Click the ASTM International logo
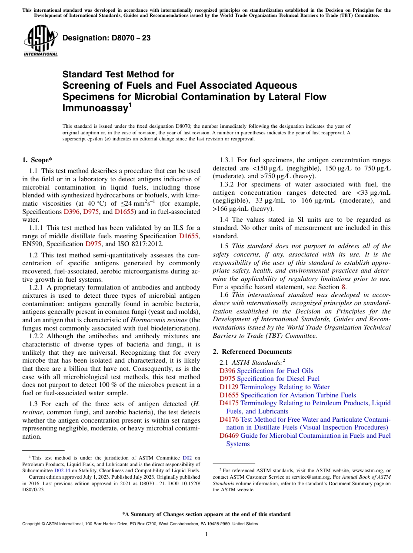tap(40, 41)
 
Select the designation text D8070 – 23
tap(107, 38)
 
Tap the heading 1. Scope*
tap(38, 160)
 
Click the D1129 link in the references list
tap(229, 387)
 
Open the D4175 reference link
tap(229, 403)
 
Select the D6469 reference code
tap(229, 436)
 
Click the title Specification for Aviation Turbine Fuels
tap(298, 395)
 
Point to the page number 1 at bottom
tap(206, 534)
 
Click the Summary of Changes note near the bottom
tap(206, 514)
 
